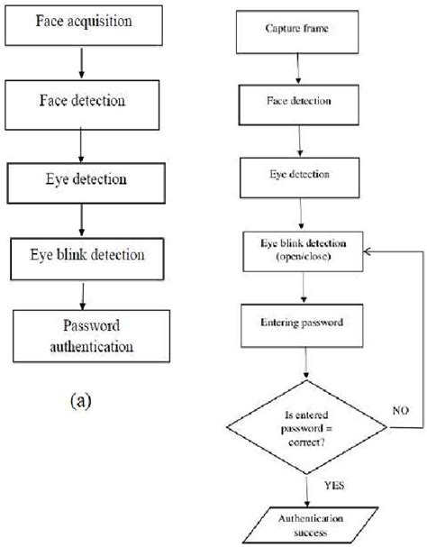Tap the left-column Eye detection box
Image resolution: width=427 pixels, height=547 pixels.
82,178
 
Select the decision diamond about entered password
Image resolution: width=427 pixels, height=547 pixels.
309,420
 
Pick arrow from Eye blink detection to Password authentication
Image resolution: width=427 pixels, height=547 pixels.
82,295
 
